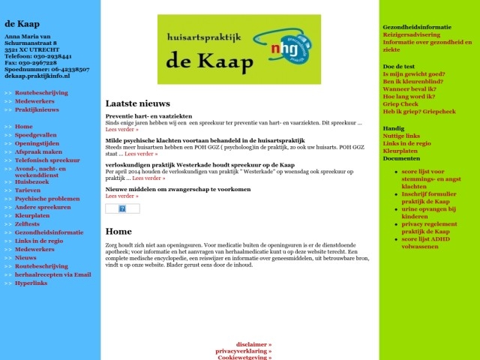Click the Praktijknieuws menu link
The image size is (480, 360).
click(x=37, y=109)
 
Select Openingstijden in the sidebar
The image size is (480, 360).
click(x=37, y=143)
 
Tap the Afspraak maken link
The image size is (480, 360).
click(x=38, y=151)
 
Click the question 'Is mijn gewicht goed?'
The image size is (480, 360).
click(x=413, y=74)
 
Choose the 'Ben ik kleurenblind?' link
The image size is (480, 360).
click(x=413, y=81)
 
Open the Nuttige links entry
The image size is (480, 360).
click(x=401, y=136)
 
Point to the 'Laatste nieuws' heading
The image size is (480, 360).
click(x=137, y=103)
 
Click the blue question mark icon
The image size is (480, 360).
click(x=122, y=208)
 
